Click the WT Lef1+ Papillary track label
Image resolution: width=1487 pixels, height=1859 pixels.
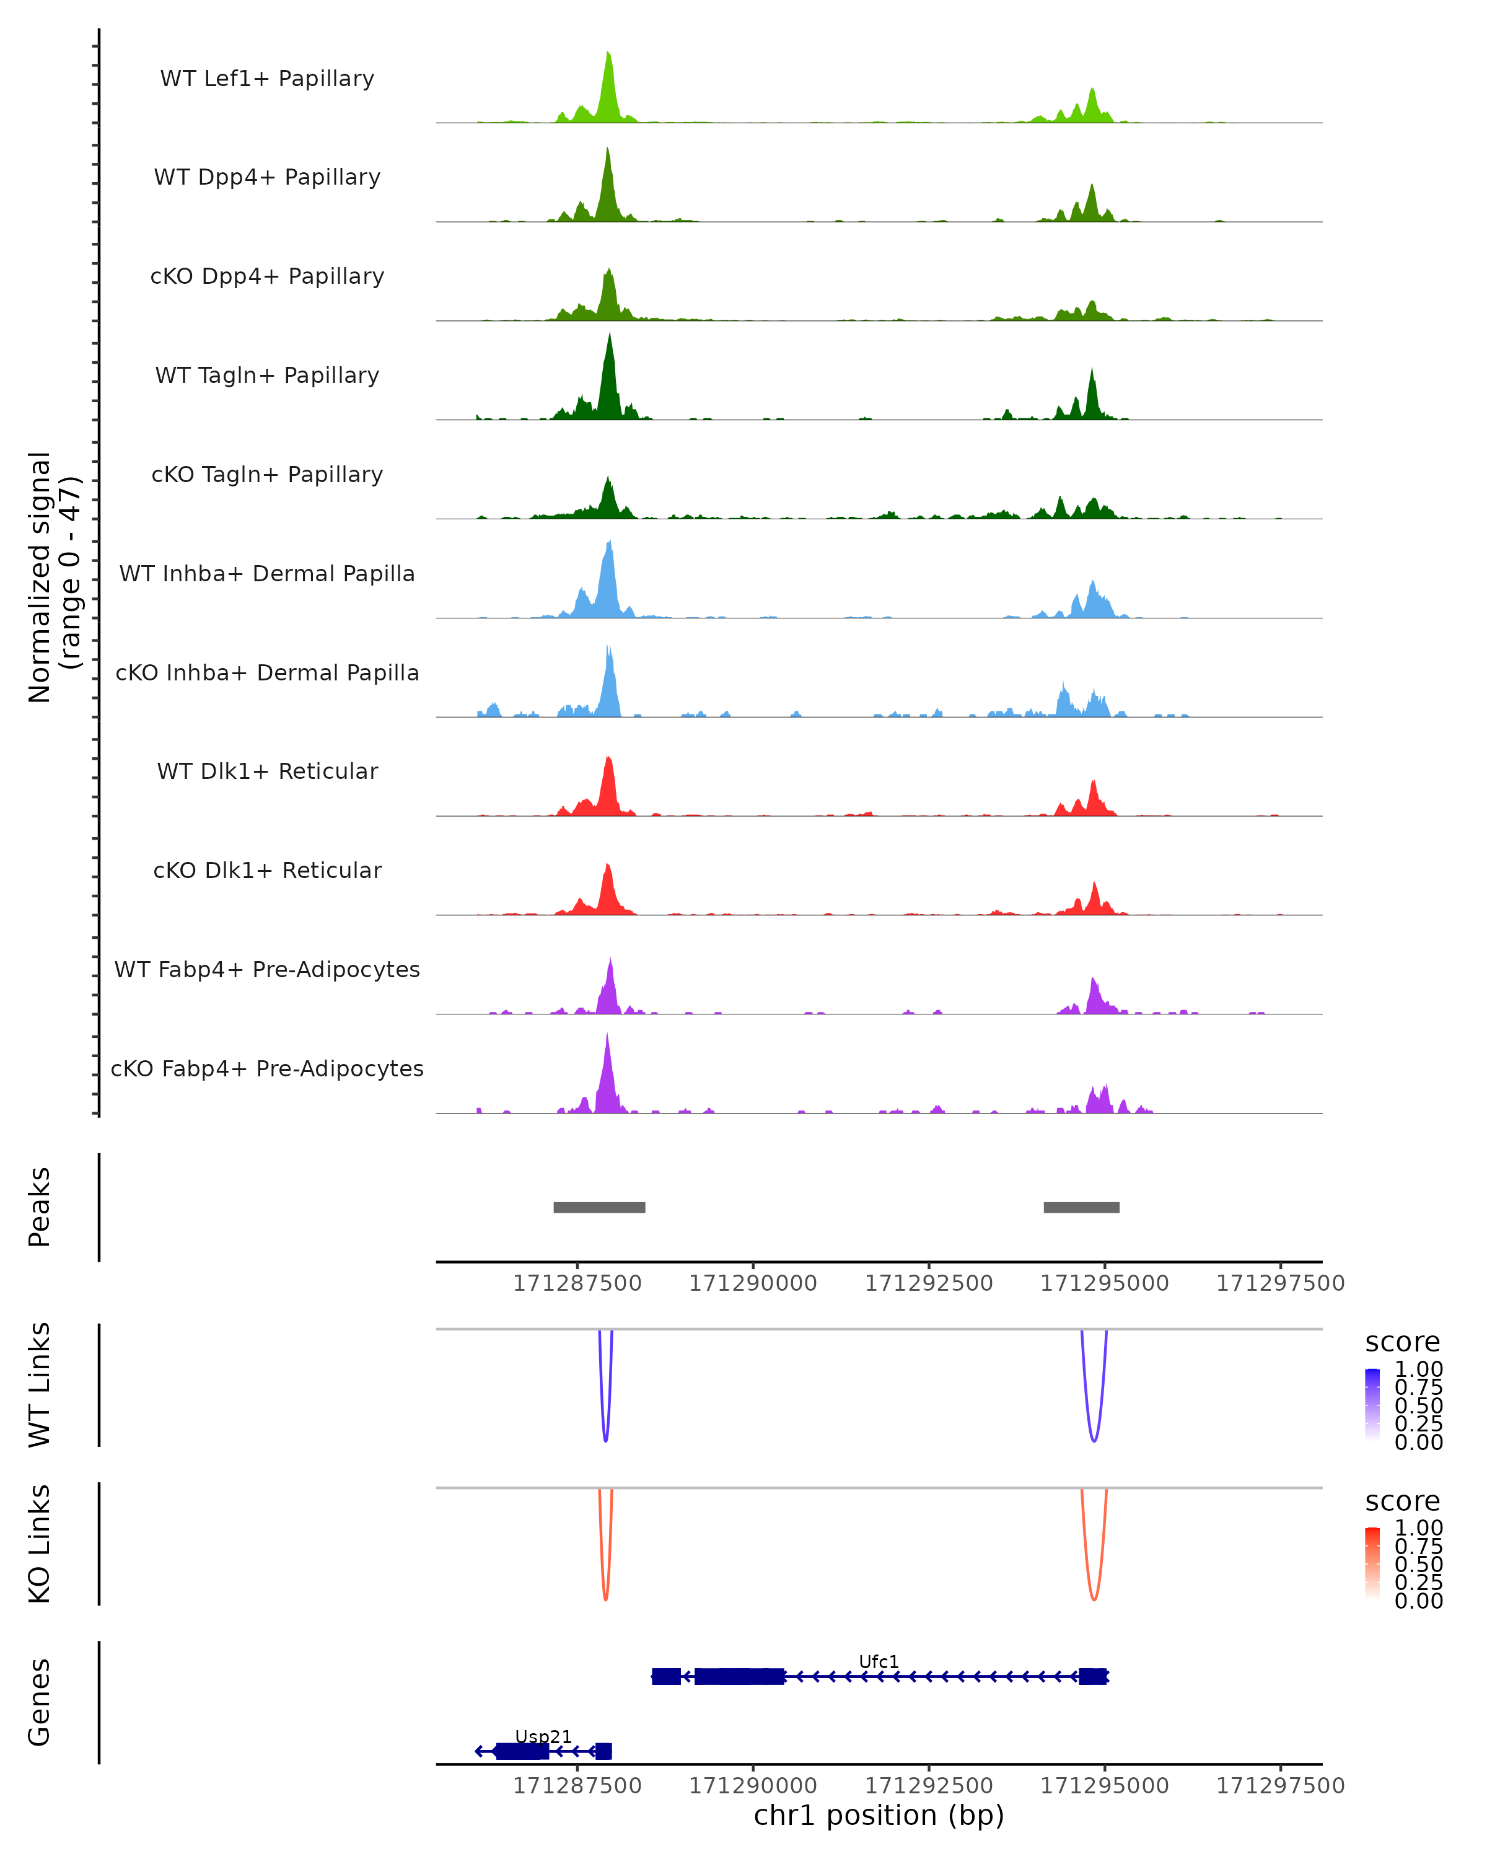click(267, 79)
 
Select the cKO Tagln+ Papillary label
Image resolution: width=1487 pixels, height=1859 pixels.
click(267, 474)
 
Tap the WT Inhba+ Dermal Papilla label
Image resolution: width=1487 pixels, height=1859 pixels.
click(267, 573)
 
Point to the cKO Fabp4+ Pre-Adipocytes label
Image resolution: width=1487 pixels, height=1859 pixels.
click(267, 1068)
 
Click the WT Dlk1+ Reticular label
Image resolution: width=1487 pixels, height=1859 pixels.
click(267, 771)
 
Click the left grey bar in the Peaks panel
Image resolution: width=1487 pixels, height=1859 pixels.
click(599, 1207)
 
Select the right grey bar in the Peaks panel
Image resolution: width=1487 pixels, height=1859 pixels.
click(1081, 1207)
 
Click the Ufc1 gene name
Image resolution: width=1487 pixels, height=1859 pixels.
click(879, 1661)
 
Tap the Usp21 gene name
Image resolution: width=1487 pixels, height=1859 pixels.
click(543, 1736)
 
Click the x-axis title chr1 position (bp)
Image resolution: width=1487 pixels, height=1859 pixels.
click(879, 1815)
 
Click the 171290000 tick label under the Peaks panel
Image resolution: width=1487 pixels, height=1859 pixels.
click(753, 1283)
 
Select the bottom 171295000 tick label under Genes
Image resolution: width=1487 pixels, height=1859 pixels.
click(1104, 1786)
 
